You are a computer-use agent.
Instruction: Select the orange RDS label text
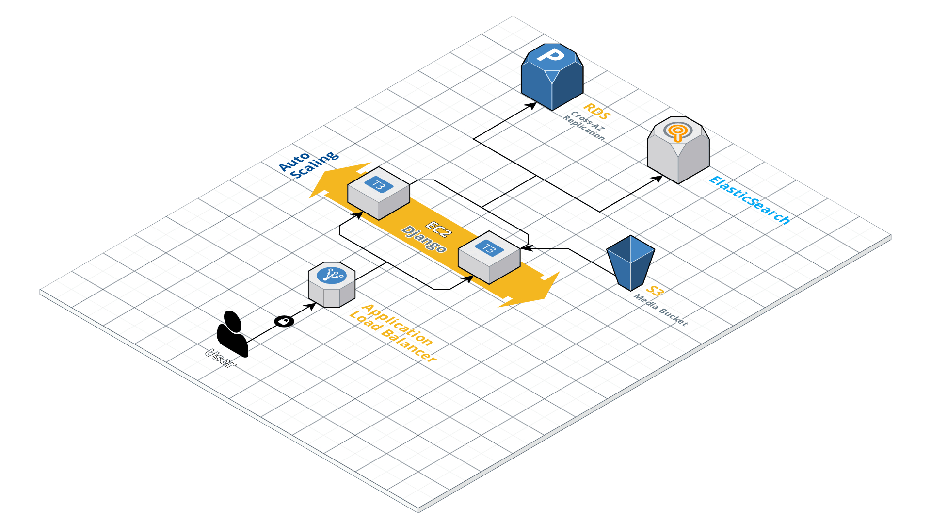[x=596, y=112]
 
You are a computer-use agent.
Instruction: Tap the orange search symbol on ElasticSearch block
[x=678, y=131]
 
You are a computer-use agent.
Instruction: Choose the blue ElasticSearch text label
[x=750, y=200]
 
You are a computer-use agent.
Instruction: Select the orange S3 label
[x=655, y=291]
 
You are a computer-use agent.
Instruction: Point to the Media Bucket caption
[x=661, y=310]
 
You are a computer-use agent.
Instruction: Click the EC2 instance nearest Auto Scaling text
[x=379, y=194]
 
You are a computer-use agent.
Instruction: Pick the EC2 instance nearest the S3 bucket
[x=489, y=258]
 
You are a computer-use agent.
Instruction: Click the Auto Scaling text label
[x=309, y=164]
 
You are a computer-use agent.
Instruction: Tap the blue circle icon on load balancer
[x=332, y=275]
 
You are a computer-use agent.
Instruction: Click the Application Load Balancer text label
[x=393, y=333]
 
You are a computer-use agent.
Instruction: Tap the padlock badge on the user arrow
[x=284, y=321]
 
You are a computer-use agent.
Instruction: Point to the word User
[x=221, y=358]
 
